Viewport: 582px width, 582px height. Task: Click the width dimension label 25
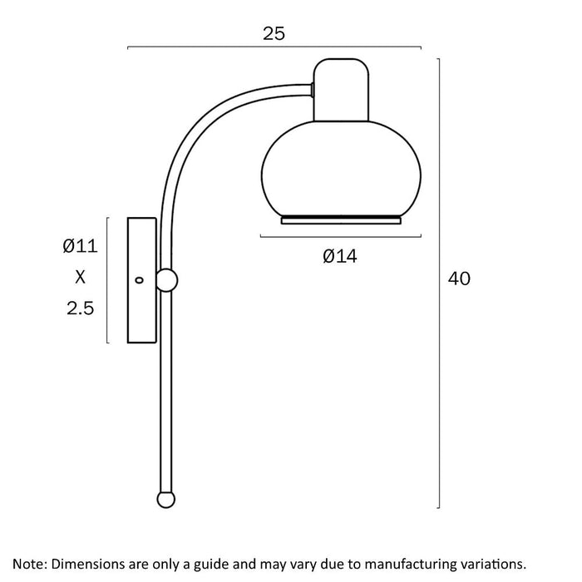click(x=274, y=33)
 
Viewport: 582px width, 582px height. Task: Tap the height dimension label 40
click(x=459, y=279)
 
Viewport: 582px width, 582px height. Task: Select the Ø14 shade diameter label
click(x=339, y=256)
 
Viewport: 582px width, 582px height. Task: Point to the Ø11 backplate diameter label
click(x=80, y=246)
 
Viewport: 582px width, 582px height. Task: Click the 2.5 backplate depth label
click(x=80, y=308)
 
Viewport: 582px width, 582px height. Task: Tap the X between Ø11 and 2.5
click(x=80, y=277)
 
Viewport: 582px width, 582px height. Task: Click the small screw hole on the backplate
click(x=139, y=280)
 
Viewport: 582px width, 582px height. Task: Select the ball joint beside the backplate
click(x=166, y=280)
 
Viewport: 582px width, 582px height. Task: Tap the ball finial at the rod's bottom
click(x=166, y=499)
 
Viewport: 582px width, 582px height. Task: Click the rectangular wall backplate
click(x=142, y=280)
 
